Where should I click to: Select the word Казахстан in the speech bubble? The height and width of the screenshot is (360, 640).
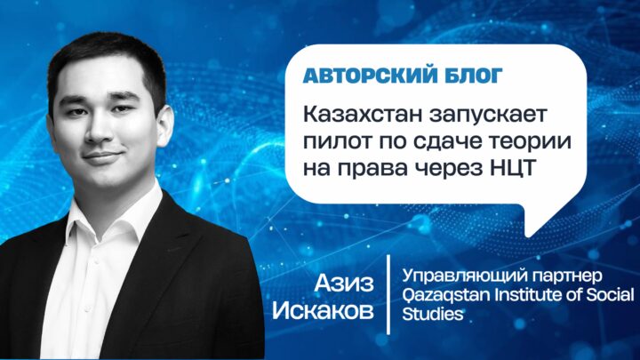tap(363, 115)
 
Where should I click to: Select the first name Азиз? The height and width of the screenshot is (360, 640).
tap(344, 284)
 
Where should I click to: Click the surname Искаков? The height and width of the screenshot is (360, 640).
tap(323, 310)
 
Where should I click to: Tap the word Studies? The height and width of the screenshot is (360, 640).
tap(433, 314)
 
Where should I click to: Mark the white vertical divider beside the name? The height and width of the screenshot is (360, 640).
tap(388, 295)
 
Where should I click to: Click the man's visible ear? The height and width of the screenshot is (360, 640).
tap(165, 125)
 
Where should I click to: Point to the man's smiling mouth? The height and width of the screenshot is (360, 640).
tap(102, 156)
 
